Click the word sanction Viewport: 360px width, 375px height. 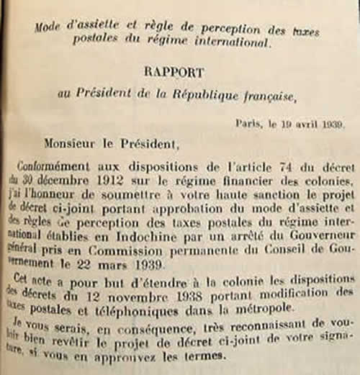pos(260,195)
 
